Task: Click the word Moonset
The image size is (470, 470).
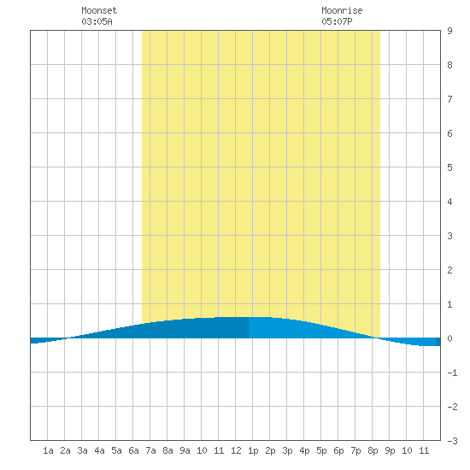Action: pyautogui.click(x=99, y=10)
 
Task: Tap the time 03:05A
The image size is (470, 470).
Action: pyautogui.click(x=97, y=21)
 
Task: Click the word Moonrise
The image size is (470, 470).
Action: pyautogui.click(x=342, y=10)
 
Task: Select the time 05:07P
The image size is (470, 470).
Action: pyautogui.click(x=337, y=21)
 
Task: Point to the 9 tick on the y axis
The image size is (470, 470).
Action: pyautogui.click(x=449, y=31)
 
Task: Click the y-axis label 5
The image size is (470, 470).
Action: pyautogui.click(x=449, y=167)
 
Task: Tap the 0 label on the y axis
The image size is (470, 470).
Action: pyautogui.click(x=449, y=338)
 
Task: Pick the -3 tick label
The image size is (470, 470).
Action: pyautogui.click(x=452, y=441)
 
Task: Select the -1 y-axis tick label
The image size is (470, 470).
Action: pyautogui.click(x=452, y=373)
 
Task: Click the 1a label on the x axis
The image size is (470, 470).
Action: pyautogui.click(x=48, y=450)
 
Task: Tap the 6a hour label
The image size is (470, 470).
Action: pyautogui.click(x=133, y=450)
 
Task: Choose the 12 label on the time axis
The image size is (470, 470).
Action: pyautogui.click(x=236, y=450)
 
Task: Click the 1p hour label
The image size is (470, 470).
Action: pyautogui.click(x=253, y=450)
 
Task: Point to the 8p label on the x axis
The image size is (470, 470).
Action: pyautogui.click(x=373, y=450)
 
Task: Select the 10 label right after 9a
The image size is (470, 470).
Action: pyautogui.click(x=202, y=450)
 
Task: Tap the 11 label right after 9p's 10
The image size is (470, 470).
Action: pyautogui.click(x=424, y=450)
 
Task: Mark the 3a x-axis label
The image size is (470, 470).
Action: pyautogui.click(x=82, y=450)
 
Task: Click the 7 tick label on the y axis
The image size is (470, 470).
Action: pyautogui.click(x=449, y=99)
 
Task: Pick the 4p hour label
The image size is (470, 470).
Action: pyautogui.click(x=304, y=450)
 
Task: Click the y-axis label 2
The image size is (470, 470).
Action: pyautogui.click(x=449, y=270)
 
